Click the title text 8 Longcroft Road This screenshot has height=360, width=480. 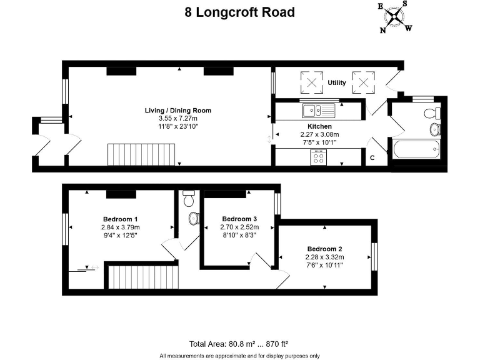(239, 12)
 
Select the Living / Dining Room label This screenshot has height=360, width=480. (177, 111)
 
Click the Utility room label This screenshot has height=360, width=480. (337, 82)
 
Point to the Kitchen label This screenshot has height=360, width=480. (319, 126)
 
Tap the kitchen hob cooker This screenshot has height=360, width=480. (318, 157)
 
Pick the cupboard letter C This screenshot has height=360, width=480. (372, 157)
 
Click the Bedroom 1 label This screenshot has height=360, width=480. (121, 219)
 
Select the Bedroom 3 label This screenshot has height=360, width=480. (239, 219)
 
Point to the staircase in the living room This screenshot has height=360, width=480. (143, 153)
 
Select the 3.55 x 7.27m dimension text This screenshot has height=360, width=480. (177, 118)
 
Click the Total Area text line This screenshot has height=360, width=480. (239, 344)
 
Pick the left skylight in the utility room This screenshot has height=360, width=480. (310, 81)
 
